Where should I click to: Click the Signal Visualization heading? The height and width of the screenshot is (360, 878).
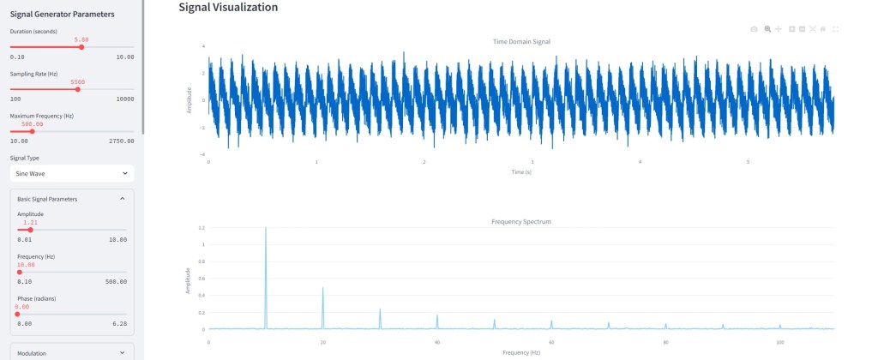click(x=228, y=7)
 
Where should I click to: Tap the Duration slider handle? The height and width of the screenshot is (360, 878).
click(x=81, y=47)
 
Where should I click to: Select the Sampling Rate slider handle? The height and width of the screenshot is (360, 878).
click(x=78, y=89)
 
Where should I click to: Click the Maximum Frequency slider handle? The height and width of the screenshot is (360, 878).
click(x=32, y=131)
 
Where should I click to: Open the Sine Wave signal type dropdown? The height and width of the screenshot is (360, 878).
click(x=71, y=173)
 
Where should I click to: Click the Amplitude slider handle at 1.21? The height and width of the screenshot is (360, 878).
click(x=30, y=230)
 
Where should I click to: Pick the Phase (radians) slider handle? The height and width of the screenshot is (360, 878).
click(x=17, y=314)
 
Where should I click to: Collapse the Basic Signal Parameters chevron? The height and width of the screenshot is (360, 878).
click(x=122, y=199)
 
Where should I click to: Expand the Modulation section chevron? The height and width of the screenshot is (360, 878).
click(x=122, y=352)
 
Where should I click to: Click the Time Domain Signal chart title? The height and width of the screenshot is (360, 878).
click(x=521, y=41)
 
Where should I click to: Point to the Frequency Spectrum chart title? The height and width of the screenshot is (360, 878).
click(x=520, y=221)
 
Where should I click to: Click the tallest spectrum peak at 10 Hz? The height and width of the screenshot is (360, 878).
click(x=266, y=230)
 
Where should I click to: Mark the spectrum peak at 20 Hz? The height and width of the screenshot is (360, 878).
click(x=323, y=288)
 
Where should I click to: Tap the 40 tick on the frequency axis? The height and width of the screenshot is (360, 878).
click(x=436, y=342)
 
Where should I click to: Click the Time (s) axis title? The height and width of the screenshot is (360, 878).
click(x=521, y=172)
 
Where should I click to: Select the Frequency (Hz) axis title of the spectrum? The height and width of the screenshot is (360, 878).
click(x=520, y=352)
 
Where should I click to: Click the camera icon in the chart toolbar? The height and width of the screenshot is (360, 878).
click(x=754, y=29)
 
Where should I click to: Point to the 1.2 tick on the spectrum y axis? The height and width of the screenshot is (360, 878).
click(x=201, y=228)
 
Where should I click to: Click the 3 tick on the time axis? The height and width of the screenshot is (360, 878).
click(x=532, y=162)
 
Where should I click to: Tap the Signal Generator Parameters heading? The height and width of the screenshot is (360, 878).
click(x=62, y=13)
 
